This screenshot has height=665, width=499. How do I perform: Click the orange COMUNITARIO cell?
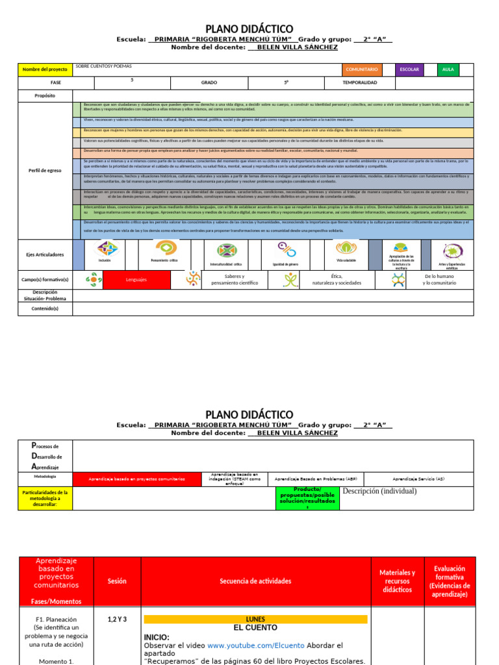coord(362,69)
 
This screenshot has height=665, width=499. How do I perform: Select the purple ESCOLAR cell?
coord(409,69)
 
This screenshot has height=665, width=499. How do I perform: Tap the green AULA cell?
coord(448,69)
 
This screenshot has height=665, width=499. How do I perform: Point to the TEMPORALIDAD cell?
coord(359,83)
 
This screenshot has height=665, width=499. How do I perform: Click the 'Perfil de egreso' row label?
coord(45,170)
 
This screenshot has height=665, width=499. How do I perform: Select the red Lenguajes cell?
coord(136,279)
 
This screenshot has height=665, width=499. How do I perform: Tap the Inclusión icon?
coord(107,249)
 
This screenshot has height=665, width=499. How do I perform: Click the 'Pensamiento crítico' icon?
coord(164,249)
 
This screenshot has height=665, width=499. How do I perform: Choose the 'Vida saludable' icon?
coord(346,248)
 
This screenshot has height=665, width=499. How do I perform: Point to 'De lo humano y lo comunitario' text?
coord(439,279)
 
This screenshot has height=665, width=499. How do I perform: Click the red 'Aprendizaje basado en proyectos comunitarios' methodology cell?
coord(136,479)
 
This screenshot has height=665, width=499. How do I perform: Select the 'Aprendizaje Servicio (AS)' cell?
coord(418,479)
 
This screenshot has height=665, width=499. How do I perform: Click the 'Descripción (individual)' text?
coord(379,492)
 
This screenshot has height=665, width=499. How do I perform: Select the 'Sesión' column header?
coord(117,581)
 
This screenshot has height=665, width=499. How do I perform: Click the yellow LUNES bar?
coord(255,619)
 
